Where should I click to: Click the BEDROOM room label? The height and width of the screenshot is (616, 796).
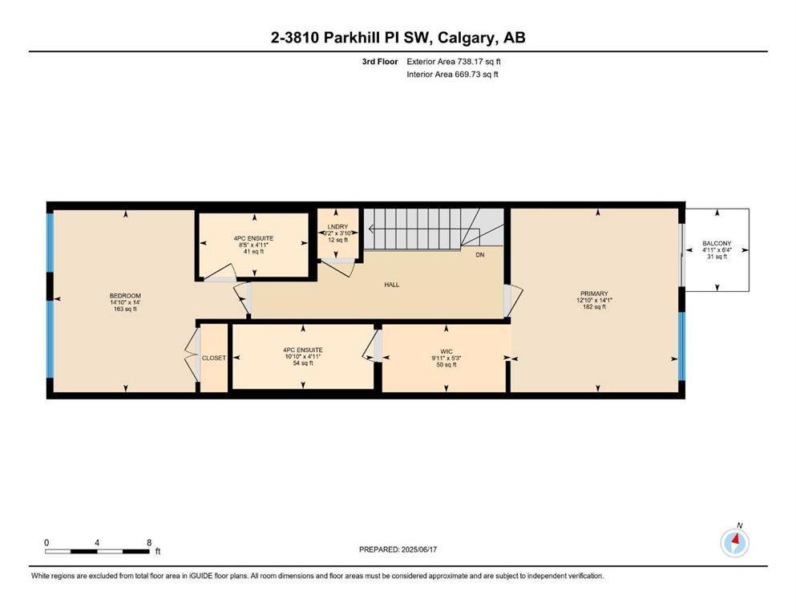[x=125, y=295]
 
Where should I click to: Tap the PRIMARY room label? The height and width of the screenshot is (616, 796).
[x=594, y=294]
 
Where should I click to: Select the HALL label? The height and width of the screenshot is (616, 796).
[x=392, y=285]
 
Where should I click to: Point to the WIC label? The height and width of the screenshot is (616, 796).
[x=446, y=351]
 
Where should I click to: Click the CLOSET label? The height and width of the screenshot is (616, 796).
[x=214, y=358]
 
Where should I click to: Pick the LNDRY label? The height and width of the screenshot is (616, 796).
[x=337, y=227]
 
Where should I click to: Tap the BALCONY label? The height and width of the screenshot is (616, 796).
[x=717, y=244]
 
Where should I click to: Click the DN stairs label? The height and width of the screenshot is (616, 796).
[x=480, y=255]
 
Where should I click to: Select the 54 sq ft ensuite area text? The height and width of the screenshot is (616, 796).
[x=303, y=363]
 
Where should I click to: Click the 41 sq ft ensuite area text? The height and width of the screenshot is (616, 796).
[x=254, y=251]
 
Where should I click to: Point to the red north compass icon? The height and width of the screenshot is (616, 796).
[x=734, y=543]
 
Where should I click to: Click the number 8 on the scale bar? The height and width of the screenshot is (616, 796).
[x=149, y=543]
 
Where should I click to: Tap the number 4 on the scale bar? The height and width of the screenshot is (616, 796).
[x=97, y=543]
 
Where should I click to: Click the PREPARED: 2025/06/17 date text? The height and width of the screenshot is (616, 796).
[x=398, y=549]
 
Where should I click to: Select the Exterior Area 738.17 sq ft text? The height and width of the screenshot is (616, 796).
[x=454, y=62]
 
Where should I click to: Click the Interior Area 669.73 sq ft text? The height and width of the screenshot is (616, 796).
[x=452, y=74]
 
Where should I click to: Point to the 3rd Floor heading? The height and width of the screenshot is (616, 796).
[x=380, y=62]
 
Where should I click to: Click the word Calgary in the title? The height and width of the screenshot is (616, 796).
[x=467, y=38]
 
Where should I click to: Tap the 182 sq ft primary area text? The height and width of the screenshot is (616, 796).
[x=595, y=306]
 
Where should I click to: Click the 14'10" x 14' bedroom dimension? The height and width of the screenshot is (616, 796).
[x=125, y=302]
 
